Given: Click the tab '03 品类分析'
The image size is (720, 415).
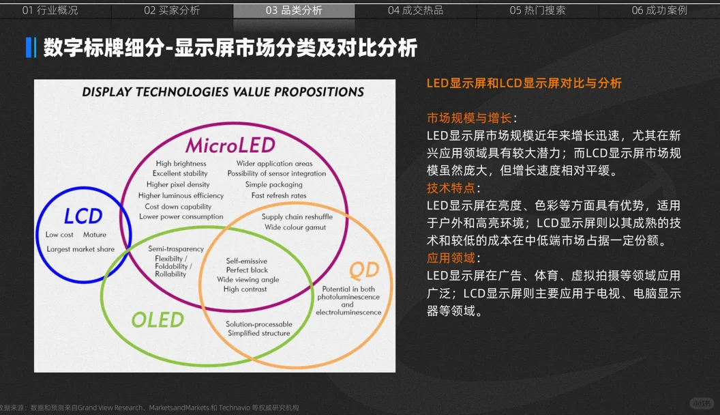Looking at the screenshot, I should [x=294, y=10].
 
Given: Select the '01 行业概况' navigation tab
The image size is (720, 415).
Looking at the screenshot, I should [x=50, y=10].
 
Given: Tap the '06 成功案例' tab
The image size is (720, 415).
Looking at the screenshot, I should [x=659, y=10].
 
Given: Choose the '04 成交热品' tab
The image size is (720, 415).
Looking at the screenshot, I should [x=415, y=10].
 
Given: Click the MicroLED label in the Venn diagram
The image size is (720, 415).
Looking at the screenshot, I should [x=230, y=145].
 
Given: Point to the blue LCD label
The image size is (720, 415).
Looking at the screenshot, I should [x=83, y=216].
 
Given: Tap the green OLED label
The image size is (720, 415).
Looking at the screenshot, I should [x=158, y=319].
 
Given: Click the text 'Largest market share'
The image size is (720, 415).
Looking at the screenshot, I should [x=80, y=249].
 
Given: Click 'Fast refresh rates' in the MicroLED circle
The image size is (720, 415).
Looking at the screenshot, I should [x=279, y=195].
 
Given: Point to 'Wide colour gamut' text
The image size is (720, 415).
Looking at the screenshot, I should [x=295, y=227].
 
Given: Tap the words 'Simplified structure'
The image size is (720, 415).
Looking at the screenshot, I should [x=258, y=333].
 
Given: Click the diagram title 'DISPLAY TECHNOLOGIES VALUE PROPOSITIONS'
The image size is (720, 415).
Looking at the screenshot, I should [x=223, y=91].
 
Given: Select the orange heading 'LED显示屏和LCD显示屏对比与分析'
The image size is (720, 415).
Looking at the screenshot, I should [x=524, y=83].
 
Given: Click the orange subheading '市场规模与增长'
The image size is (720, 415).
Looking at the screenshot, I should [x=469, y=118].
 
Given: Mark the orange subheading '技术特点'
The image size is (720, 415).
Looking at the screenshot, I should [x=451, y=188].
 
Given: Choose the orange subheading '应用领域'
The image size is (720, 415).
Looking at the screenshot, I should [x=451, y=258].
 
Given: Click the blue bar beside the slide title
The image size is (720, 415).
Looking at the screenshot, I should [x=29, y=48].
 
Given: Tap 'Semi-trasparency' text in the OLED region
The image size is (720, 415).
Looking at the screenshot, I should [x=176, y=249].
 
